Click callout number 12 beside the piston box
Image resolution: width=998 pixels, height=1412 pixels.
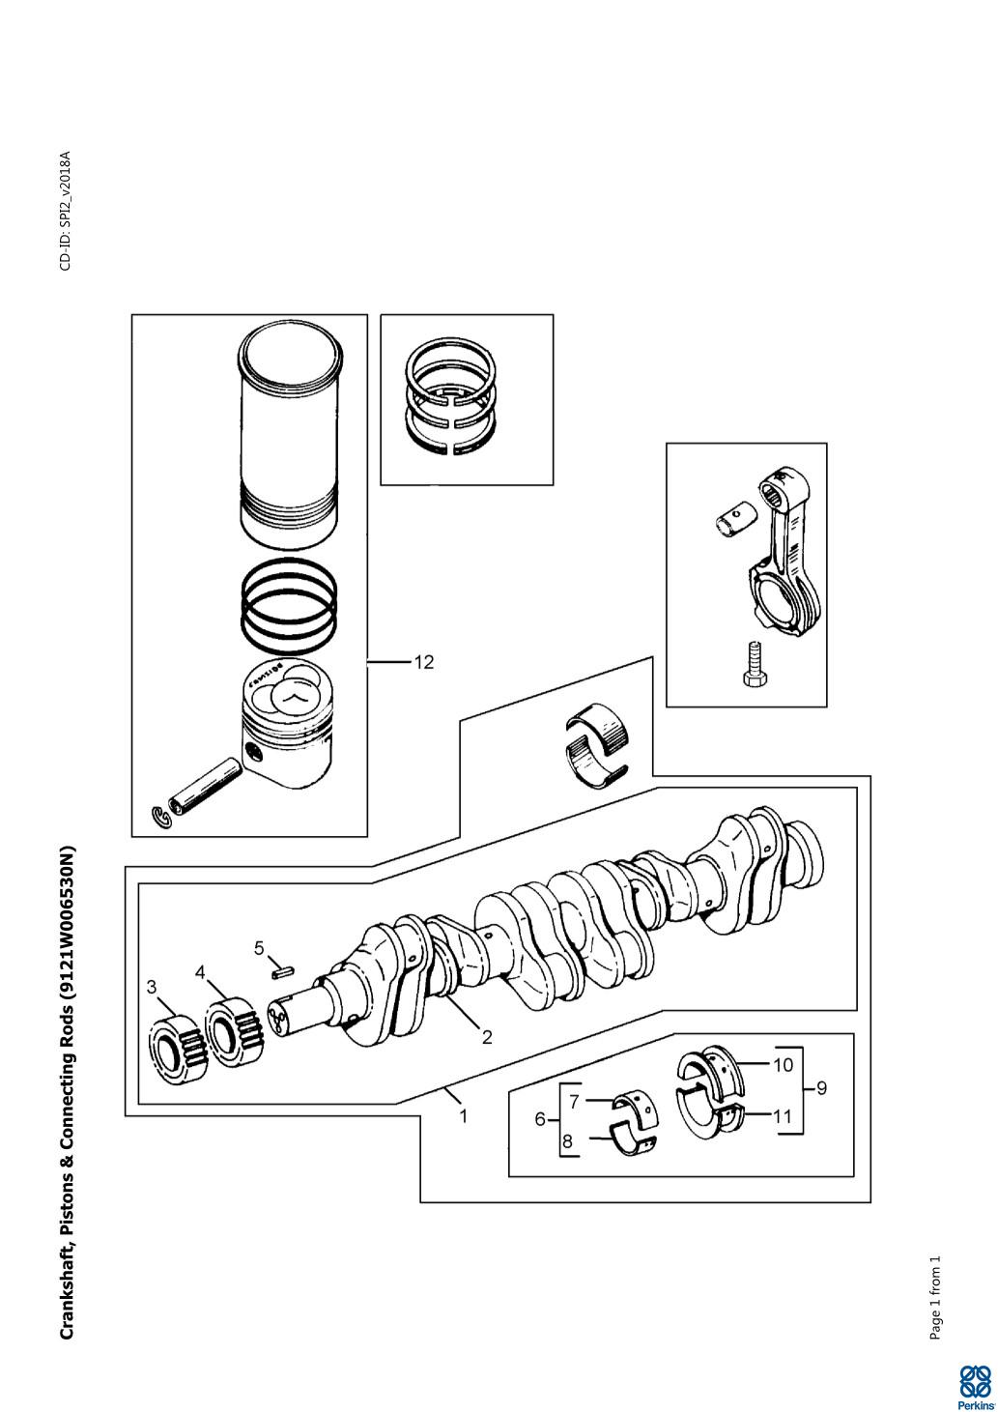pyautogui.click(x=424, y=662)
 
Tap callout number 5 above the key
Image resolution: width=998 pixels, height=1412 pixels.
pyautogui.click(x=259, y=948)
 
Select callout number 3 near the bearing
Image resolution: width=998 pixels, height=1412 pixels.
pyautogui.click(x=152, y=987)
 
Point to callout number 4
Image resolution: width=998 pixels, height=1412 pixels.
pyautogui.click(x=200, y=972)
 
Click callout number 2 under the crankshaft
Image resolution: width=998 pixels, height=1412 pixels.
pyautogui.click(x=487, y=1037)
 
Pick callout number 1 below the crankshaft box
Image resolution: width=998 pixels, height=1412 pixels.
pyautogui.click(x=464, y=1115)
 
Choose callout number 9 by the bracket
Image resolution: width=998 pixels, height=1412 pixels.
pyautogui.click(x=821, y=1088)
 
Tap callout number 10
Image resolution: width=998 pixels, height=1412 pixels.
pyautogui.click(x=783, y=1065)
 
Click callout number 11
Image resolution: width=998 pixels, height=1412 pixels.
pyautogui.click(x=783, y=1116)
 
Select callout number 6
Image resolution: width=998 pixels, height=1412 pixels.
pyautogui.click(x=540, y=1119)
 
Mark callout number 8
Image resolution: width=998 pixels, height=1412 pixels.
pyautogui.click(x=568, y=1140)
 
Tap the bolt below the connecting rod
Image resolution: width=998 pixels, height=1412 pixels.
pyautogui.click(x=754, y=668)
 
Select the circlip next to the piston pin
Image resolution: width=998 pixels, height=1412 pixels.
pyautogui.click(x=164, y=818)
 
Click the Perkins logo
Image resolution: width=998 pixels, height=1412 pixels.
pyautogui.click(x=975, y=1387)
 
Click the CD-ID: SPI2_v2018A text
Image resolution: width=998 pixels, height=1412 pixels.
pyautogui.click(x=66, y=211)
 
